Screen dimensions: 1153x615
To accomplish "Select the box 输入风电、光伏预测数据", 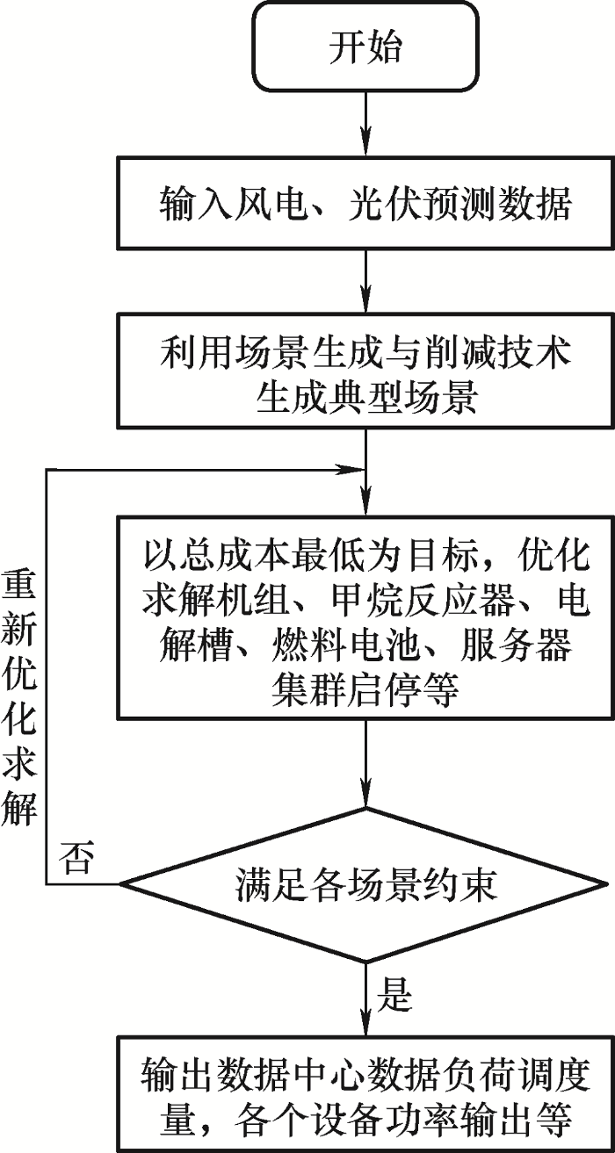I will point(365,204).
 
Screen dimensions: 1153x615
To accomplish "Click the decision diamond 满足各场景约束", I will point(365,883).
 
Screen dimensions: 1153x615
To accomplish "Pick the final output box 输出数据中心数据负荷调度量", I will point(365,1094).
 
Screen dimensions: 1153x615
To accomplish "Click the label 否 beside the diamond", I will point(76,858).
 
